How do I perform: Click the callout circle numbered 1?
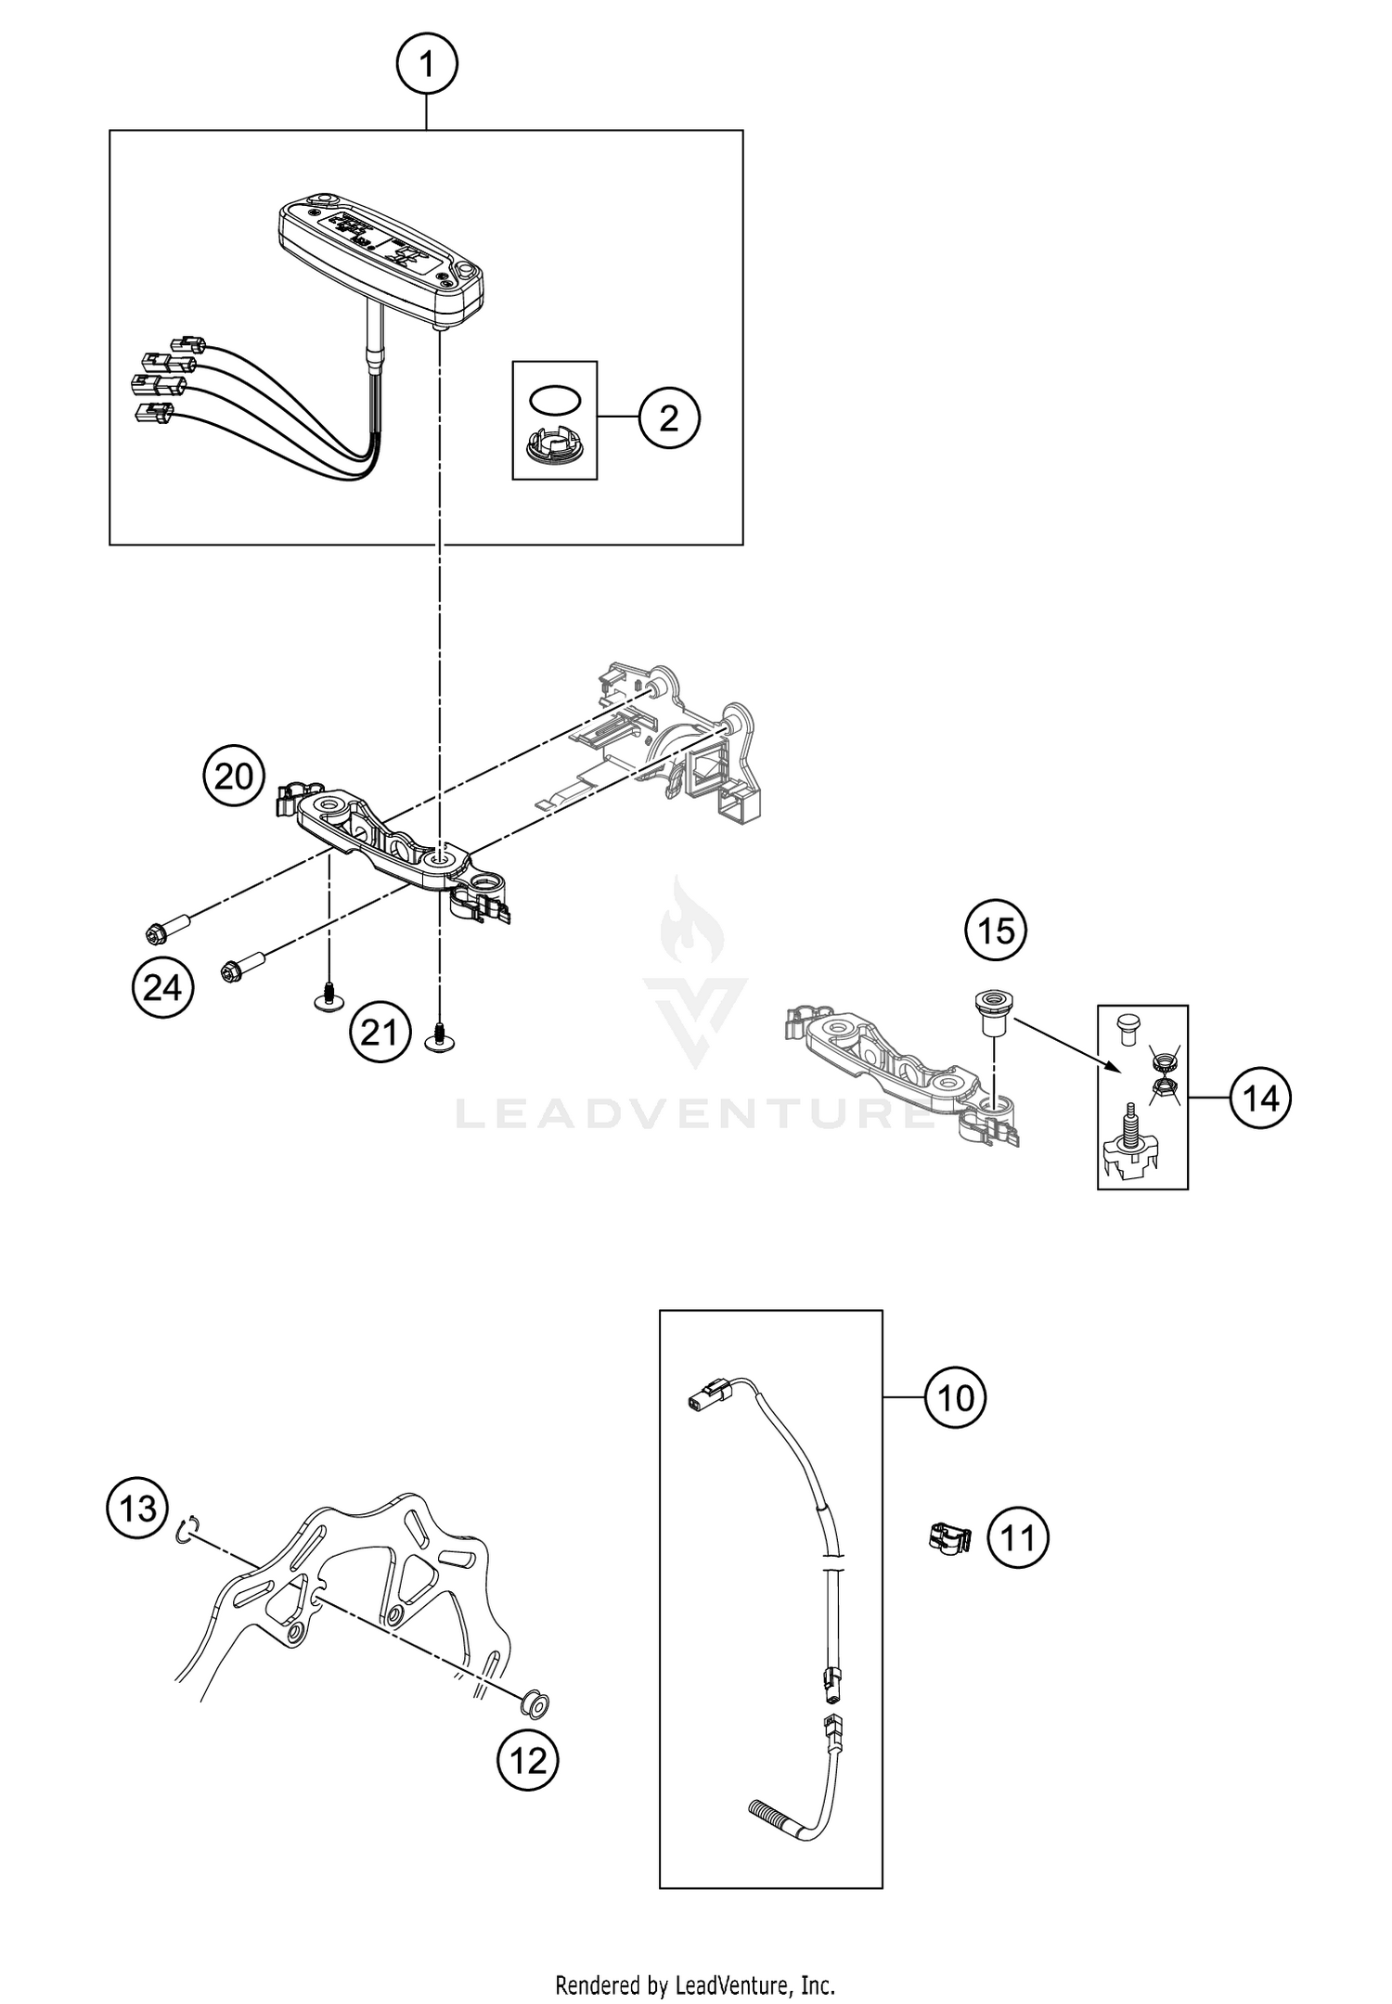(426, 65)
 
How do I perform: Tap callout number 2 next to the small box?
(669, 418)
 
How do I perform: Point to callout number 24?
(162, 988)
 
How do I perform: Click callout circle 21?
(379, 1032)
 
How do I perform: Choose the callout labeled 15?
(996, 930)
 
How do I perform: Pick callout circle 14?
(1260, 1098)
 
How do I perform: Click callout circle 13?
(138, 1509)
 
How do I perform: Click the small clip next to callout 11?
(947, 1538)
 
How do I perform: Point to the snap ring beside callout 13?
(186, 1531)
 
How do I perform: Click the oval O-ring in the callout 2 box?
(554, 400)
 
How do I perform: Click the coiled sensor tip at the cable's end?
(767, 1808)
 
